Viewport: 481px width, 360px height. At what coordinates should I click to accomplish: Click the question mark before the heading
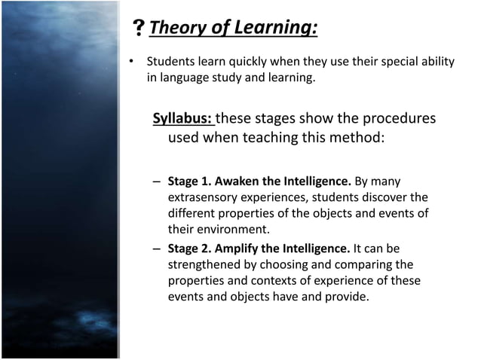(x=139, y=29)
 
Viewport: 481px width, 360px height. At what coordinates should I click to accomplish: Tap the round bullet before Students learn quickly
(x=130, y=61)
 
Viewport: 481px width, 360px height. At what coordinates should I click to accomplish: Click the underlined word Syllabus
(x=182, y=119)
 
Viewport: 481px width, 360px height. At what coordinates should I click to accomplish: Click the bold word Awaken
(x=240, y=182)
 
